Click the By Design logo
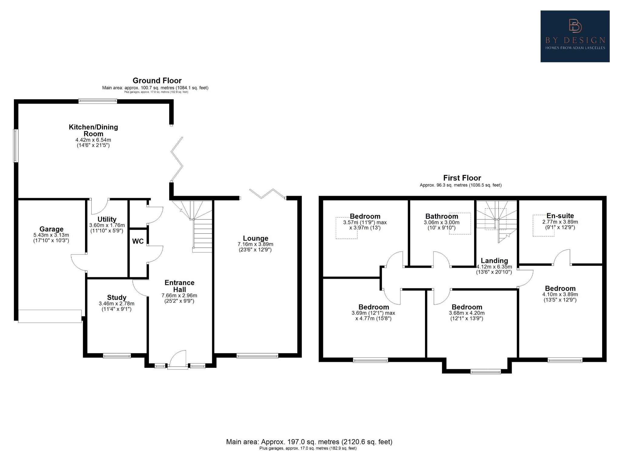point(575,36)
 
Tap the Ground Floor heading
point(157,81)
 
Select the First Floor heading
point(462,178)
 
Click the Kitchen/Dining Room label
point(93,130)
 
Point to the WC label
point(138,241)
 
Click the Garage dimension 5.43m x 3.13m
point(51,235)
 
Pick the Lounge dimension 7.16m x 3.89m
point(255,244)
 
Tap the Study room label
point(117,297)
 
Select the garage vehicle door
point(50,316)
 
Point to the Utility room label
point(107,219)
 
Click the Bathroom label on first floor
point(441,216)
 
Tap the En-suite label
point(560,216)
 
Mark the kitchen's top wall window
point(97,101)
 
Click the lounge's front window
point(257,356)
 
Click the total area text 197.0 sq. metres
point(309,442)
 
